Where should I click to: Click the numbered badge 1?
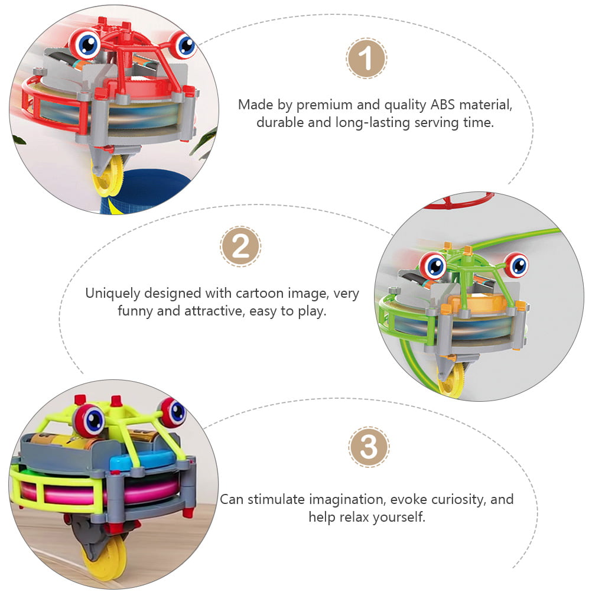click(x=366, y=58)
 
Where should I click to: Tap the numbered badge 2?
click(x=240, y=246)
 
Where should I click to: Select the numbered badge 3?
click(x=369, y=447)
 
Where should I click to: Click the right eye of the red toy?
click(x=183, y=44)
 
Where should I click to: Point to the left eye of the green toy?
click(x=432, y=265)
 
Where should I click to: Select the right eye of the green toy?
click(x=517, y=265)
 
